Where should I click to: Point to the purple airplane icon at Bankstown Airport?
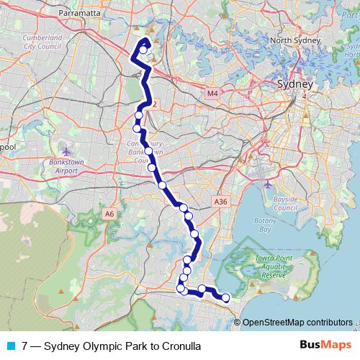(67, 152)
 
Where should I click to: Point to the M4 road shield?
(212, 94)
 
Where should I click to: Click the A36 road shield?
(221, 202)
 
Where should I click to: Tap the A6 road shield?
(109, 213)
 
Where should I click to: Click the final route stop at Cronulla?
(226, 297)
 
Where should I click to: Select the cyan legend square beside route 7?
(10, 346)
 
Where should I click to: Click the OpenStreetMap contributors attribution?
(297, 323)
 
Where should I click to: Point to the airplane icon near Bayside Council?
(268, 183)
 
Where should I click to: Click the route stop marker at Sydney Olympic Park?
(144, 50)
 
